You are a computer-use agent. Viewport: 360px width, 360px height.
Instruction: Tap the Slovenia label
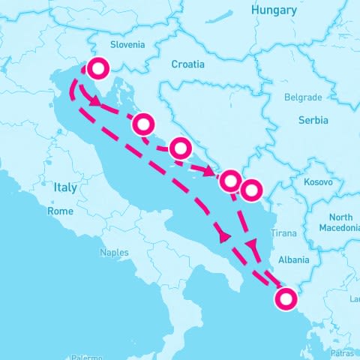(127, 45)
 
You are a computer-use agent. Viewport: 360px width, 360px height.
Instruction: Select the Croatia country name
(187, 64)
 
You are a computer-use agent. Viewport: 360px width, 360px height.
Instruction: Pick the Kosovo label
(318, 182)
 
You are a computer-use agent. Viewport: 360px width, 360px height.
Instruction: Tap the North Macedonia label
(339, 221)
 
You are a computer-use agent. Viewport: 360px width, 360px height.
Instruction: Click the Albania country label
(293, 260)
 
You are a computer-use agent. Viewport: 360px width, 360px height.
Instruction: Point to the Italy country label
(65, 187)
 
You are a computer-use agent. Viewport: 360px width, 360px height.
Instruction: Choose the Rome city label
(61, 211)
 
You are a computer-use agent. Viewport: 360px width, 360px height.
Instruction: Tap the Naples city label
(114, 253)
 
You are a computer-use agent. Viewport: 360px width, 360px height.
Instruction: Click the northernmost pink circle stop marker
(97, 69)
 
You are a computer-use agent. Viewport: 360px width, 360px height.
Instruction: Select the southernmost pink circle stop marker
(285, 300)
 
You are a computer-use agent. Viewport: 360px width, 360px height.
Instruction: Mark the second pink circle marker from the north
(144, 123)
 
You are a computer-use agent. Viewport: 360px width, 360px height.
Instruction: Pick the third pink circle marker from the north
(180, 148)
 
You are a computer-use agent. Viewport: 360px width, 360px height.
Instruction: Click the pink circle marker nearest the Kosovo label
(251, 190)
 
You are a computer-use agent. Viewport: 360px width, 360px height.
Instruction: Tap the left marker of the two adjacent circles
(230, 180)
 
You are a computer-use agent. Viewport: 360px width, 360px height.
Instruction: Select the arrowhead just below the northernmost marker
(96, 101)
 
